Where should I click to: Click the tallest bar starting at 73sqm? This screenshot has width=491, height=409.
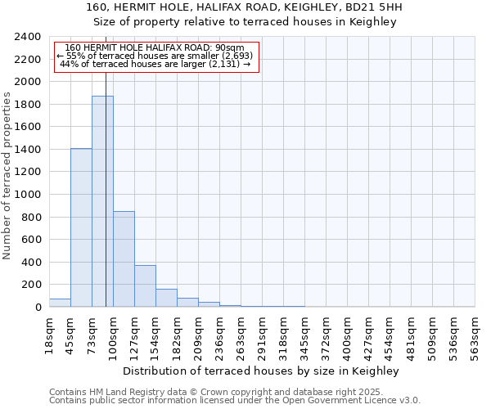pyautogui.click(x=102, y=201)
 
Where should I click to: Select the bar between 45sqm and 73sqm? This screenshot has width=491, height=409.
pyautogui.click(x=81, y=227)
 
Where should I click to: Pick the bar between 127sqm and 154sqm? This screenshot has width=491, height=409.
pyautogui.click(x=145, y=285)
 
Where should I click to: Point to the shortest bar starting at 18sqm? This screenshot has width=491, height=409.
pyautogui.click(x=60, y=303)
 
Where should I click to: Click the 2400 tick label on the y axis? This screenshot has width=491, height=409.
pyautogui.click(x=28, y=37)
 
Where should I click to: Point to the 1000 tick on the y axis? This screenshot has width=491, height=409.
pyautogui.click(x=28, y=195)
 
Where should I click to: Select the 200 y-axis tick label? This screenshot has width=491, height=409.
pyautogui.click(x=31, y=285)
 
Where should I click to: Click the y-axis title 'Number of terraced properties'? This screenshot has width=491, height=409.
pyautogui.click(x=8, y=176)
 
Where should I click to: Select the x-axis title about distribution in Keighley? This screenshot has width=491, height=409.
pyautogui.click(x=261, y=371)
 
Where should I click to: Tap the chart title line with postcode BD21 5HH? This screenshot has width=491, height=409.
pyautogui.click(x=261, y=8)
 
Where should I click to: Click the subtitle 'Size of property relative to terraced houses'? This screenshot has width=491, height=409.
pyautogui.click(x=261, y=22)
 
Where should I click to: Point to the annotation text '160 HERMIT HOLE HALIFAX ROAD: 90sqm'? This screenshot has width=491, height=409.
pyautogui.click(x=155, y=48)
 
